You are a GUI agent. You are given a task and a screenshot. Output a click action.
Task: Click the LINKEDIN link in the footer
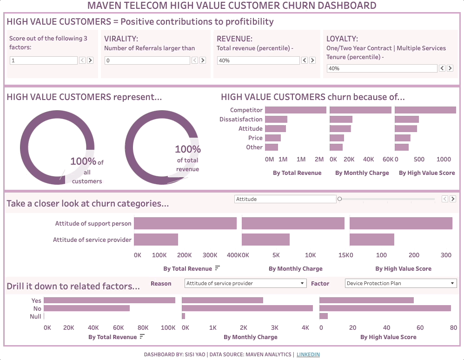pos(308,354)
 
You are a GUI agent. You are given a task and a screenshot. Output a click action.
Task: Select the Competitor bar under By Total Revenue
pos(295,110)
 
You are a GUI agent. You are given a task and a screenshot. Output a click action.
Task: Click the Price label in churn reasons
pos(255,138)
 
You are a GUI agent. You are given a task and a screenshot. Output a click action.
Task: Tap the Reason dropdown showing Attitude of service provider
pos(245,283)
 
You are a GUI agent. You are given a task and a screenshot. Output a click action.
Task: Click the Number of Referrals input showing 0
pos(147,60)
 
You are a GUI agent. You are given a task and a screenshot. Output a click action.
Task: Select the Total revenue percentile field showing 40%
pos(258,60)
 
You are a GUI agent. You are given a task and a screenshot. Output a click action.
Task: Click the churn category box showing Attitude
pos(285,199)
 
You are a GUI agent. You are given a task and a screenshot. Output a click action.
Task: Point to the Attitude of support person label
pos(93,224)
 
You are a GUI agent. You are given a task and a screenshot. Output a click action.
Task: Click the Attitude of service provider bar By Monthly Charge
pos(265,240)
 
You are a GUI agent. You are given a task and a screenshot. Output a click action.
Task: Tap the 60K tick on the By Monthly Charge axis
pos(388,160)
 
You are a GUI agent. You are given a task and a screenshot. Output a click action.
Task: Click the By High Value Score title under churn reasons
pos(427,173)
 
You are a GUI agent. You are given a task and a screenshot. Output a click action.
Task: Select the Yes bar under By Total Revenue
pos(109,300)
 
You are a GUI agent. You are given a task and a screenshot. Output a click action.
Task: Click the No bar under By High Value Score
pos(385,308)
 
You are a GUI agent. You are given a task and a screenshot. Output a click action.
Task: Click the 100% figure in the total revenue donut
pos(188,149)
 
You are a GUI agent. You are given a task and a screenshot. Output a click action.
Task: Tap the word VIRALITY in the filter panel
pos(121,39)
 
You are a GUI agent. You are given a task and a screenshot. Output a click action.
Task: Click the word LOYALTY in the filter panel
pos(342,39)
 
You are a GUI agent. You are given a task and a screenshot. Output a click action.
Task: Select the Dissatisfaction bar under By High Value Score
pos(407,120)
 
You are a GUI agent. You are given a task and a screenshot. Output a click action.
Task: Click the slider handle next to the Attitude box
pos(340,199)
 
